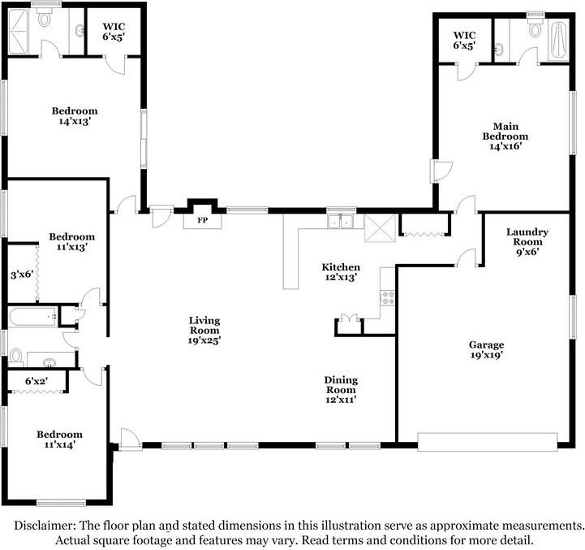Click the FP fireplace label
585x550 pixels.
point(203,220)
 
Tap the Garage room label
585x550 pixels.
point(487,349)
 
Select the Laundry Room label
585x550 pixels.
point(527,242)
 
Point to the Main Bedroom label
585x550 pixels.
point(505,136)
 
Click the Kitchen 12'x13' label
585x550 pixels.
point(341,272)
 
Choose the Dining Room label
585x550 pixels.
point(341,390)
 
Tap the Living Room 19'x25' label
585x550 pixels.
point(204,331)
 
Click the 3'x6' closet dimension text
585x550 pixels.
point(22,275)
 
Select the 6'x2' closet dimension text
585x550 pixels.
point(37,381)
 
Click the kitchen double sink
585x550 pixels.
point(340,222)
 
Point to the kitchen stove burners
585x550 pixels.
point(388,298)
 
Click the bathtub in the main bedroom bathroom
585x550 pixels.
point(558,41)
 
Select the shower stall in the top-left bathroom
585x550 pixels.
point(18,32)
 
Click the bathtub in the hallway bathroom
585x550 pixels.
point(32,317)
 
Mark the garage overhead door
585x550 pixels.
point(488,442)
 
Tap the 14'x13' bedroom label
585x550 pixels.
point(75,116)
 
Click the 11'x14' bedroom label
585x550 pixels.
point(60,440)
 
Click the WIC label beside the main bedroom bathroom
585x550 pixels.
point(464,35)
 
